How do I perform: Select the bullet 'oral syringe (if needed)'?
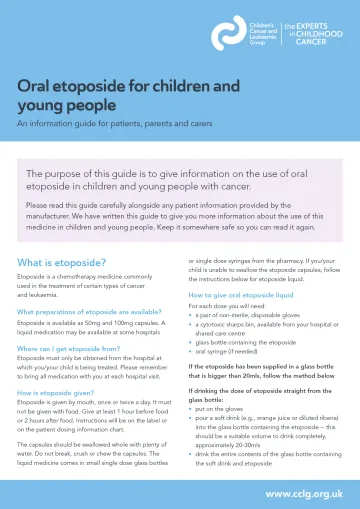tap(232, 350)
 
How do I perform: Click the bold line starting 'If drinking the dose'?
tap(261, 392)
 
